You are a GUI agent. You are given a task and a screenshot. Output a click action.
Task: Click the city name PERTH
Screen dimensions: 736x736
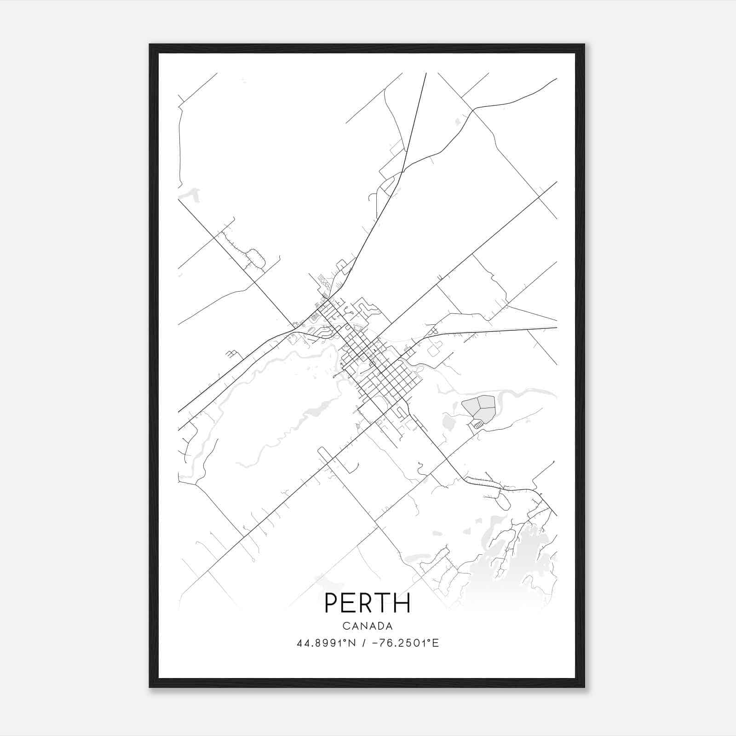click(x=368, y=603)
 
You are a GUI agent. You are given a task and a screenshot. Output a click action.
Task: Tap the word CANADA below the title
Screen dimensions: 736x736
click(x=368, y=626)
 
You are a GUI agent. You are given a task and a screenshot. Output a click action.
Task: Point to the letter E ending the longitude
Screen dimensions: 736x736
click(x=436, y=643)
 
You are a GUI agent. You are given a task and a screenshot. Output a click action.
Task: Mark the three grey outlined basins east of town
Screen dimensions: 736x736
click(x=479, y=408)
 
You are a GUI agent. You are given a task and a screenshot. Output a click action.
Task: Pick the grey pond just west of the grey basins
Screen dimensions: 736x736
click(x=447, y=421)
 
